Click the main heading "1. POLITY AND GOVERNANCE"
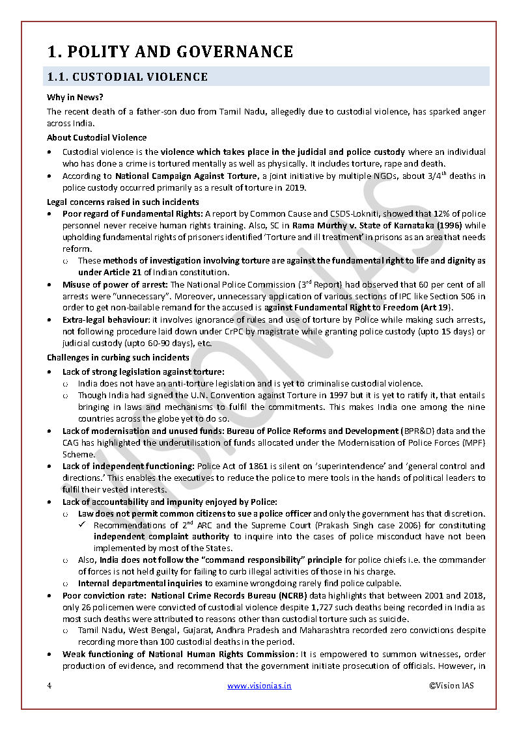point(170,51)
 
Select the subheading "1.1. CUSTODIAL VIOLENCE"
point(127,77)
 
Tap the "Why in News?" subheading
point(75,98)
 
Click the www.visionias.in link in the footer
point(259,686)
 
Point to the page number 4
point(49,686)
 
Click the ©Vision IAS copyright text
point(451,686)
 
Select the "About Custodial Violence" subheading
point(96,137)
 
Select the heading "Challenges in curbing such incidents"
point(118,357)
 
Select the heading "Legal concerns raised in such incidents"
point(122,202)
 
